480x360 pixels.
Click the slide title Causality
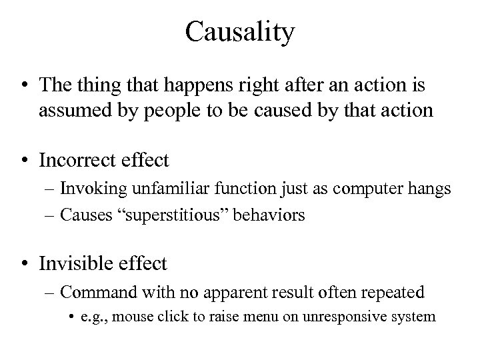pos(240,32)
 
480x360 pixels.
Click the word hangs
pos(431,189)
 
